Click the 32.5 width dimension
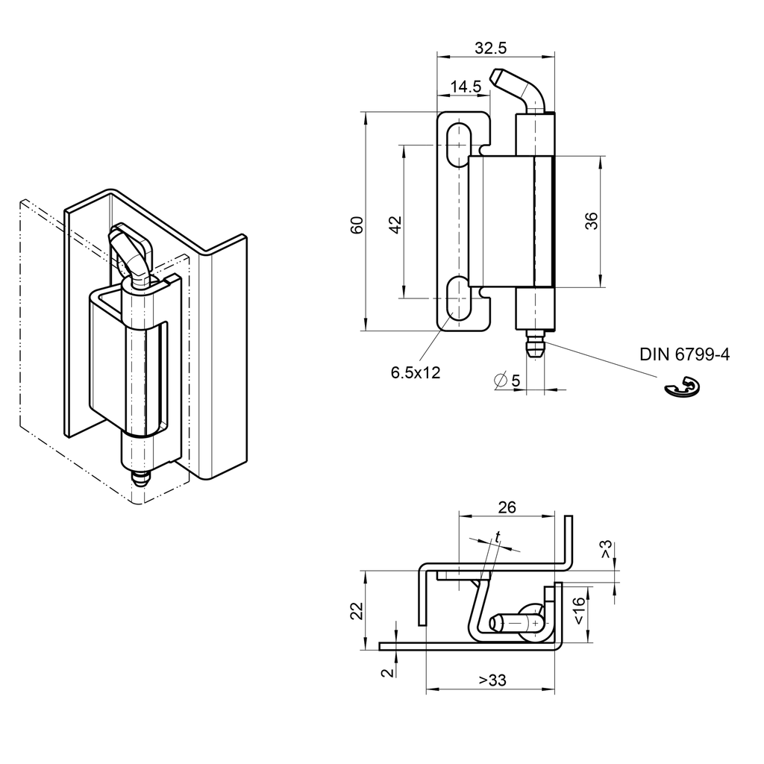(490, 48)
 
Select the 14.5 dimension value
(465, 87)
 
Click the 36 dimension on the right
(591, 222)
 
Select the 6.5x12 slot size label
(416, 372)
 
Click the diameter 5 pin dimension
(507, 381)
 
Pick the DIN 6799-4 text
(684, 355)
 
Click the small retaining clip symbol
(682, 389)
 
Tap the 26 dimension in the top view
(507, 507)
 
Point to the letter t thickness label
(497, 536)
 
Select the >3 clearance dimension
(606, 551)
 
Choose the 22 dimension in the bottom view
(357, 611)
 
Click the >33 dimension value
(492, 680)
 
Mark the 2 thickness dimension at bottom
(386, 672)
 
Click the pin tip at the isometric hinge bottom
(140, 477)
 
